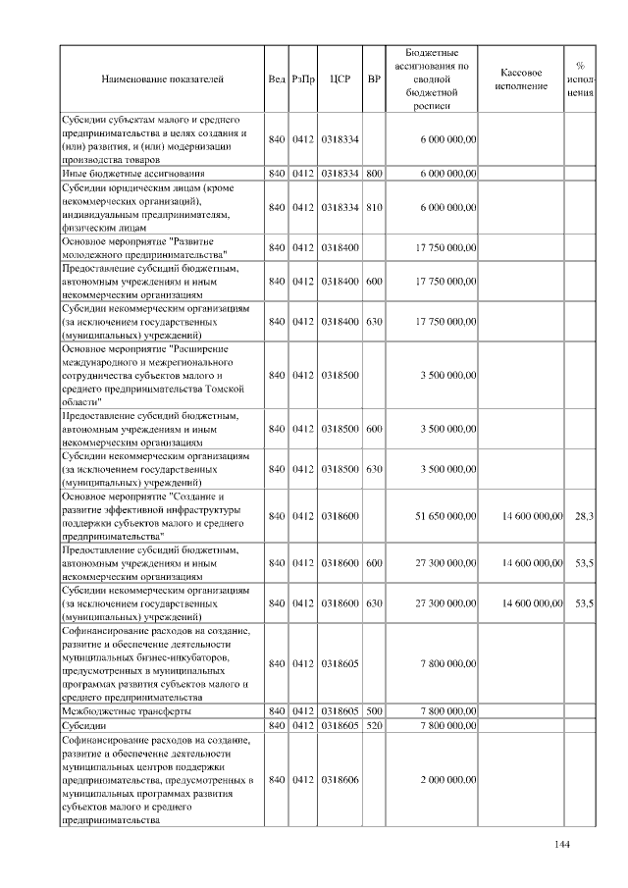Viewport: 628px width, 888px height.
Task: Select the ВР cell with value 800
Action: coord(373,173)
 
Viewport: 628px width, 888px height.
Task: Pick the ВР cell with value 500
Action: coord(373,709)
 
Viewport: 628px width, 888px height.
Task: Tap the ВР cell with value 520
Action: coord(373,724)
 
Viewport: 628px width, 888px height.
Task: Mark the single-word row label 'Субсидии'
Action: coord(85,724)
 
